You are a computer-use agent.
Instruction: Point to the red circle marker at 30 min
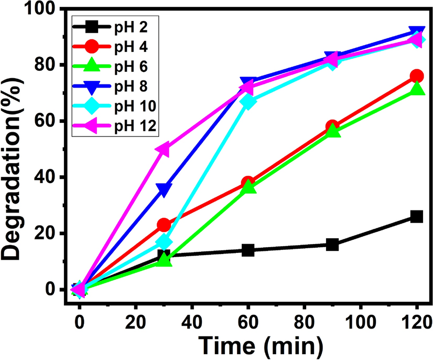tap(164, 225)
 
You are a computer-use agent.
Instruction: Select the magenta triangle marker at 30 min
tap(163, 150)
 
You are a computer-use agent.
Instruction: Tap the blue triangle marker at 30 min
tap(164, 189)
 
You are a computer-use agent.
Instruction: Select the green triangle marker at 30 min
tap(164, 260)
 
